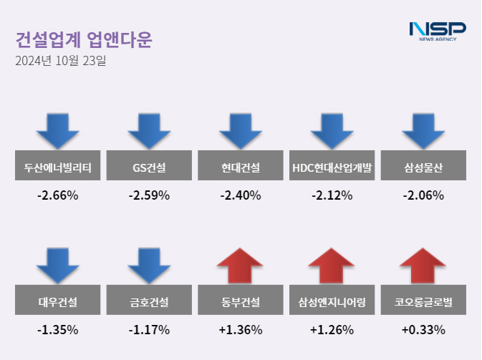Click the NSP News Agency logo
coord(437,31)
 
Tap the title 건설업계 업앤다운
coord(84,39)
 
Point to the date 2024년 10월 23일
coord(60,62)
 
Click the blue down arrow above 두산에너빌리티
coord(58,130)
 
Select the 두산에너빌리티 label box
coord(58,168)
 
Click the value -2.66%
coord(58,195)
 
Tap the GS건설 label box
coord(149,168)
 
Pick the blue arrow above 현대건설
coord(241,130)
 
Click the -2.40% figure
coord(241,195)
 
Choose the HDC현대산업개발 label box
coord(332,168)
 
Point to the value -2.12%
coord(332,195)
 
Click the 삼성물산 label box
coord(423,168)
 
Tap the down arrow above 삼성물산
coord(423,130)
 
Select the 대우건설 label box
coord(58,302)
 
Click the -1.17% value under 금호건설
coord(149,330)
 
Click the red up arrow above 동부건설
coord(241,266)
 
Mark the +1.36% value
coord(241,330)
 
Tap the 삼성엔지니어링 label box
coord(332,302)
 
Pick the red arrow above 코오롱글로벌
coord(423,266)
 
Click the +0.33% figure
coord(423,330)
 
